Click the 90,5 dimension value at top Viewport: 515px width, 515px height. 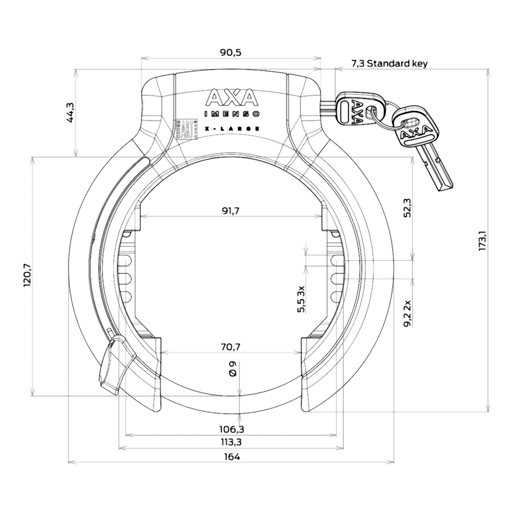pyautogui.click(x=231, y=53)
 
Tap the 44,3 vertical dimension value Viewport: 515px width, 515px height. pyautogui.click(x=70, y=113)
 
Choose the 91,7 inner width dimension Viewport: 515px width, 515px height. pyautogui.click(x=231, y=211)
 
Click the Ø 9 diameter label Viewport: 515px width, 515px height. pyautogui.click(x=232, y=370)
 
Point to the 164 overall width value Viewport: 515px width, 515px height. pyautogui.click(x=231, y=457)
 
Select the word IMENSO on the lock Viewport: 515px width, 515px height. pyautogui.click(x=232, y=114)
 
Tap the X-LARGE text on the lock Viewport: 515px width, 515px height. pyautogui.click(x=232, y=128)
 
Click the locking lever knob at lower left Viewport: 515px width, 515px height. pyautogui.click(x=114, y=365)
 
